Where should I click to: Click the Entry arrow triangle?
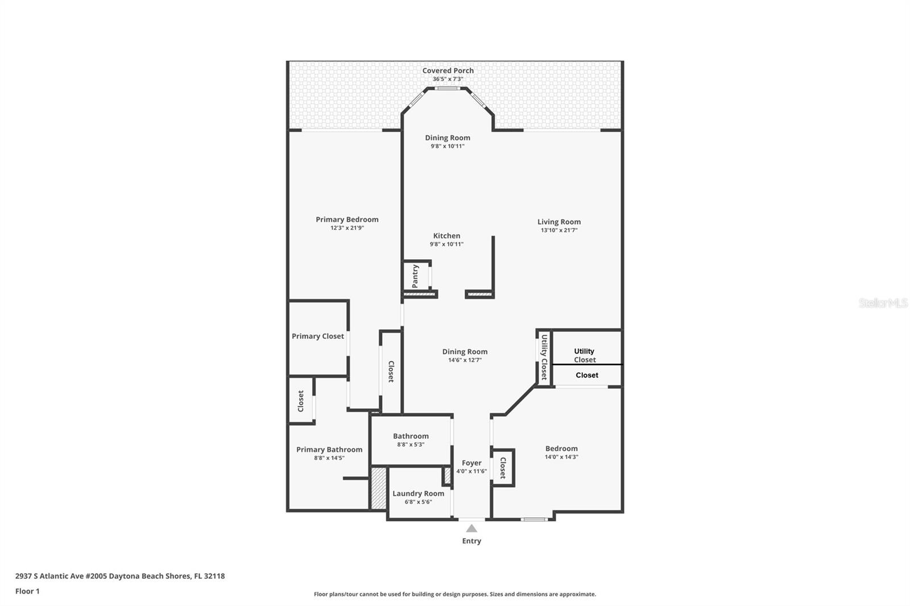(x=471, y=528)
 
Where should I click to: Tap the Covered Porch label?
(x=448, y=70)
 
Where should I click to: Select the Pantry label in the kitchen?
(x=415, y=276)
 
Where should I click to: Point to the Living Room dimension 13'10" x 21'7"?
(x=559, y=230)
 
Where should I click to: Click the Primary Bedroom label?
(x=347, y=219)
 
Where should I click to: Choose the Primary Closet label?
(x=318, y=337)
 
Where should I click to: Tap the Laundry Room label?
(x=418, y=493)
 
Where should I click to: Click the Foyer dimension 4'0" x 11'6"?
(x=471, y=472)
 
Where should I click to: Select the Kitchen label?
(x=446, y=235)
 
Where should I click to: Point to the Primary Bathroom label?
(x=329, y=450)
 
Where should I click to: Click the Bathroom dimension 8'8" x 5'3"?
(x=411, y=445)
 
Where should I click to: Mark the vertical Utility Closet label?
(x=544, y=357)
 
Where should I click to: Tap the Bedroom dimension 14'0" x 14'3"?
(x=561, y=457)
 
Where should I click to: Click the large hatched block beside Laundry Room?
(x=379, y=488)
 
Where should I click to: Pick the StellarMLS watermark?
(x=883, y=303)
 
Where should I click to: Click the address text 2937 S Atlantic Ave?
(x=49, y=576)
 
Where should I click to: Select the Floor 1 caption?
(x=27, y=591)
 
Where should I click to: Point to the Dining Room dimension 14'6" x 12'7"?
(x=465, y=360)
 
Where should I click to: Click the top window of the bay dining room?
(x=447, y=89)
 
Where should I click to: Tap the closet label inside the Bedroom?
(x=503, y=468)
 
